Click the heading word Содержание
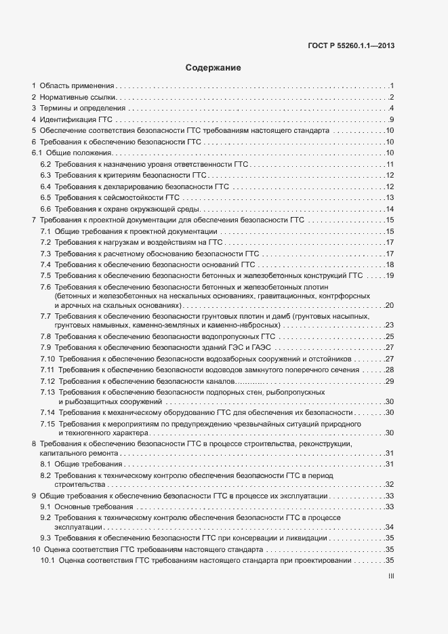(x=213, y=68)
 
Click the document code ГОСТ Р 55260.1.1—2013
(x=346, y=46)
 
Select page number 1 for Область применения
(x=392, y=86)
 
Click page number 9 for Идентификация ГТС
(x=392, y=120)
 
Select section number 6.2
(x=45, y=165)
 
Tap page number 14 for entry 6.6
(x=390, y=208)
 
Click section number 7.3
(x=45, y=254)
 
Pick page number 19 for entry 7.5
(x=390, y=275)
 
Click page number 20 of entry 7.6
(x=390, y=306)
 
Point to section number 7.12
(x=47, y=381)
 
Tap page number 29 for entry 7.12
(x=390, y=381)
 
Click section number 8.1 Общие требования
(x=45, y=464)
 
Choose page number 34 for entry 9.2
(x=390, y=527)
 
